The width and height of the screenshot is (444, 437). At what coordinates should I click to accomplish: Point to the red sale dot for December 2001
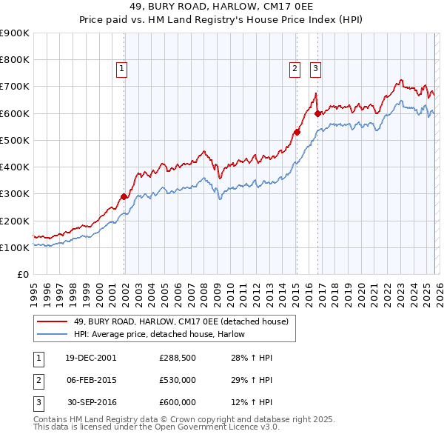124,197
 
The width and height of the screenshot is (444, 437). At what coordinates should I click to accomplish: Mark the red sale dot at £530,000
296,132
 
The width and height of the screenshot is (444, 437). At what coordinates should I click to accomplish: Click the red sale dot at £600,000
317,113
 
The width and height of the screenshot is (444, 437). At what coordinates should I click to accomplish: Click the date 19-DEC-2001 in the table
90,358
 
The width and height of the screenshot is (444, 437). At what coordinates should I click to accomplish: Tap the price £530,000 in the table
177,380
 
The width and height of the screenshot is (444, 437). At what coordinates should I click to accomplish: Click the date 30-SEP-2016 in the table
90,402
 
